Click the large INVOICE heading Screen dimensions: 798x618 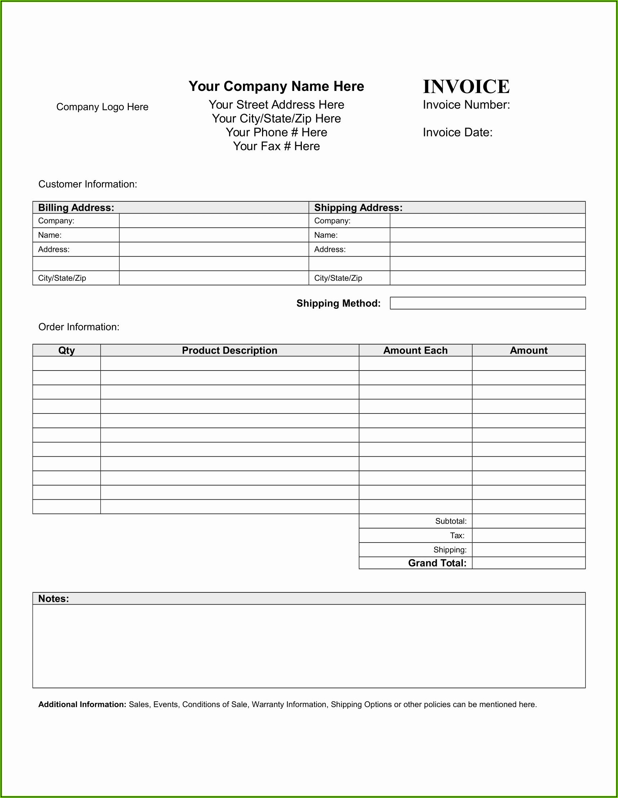(x=466, y=87)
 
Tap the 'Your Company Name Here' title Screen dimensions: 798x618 (x=276, y=86)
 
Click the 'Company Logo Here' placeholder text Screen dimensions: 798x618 (x=102, y=107)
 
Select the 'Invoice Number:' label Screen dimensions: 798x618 (x=466, y=105)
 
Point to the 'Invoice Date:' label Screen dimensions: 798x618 (x=457, y=132)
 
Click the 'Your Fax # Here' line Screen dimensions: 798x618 (x=276, y=146)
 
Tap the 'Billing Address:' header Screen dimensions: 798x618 (x=76, y=207)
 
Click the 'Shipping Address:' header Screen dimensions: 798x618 (x=358, y=207)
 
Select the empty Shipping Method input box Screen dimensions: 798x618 (x=487, y=303)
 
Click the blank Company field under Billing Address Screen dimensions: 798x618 (x=214, y=221)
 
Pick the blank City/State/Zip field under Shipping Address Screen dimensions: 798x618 (x=487, y=278)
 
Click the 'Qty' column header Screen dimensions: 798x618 (x=66, y=350)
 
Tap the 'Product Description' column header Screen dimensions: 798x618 (x=230, y=350)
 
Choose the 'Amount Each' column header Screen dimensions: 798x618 (x=415, y=350)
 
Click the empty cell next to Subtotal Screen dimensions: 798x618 (x=528, y=521)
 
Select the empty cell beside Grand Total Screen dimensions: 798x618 (x=528, y=563)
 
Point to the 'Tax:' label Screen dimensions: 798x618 (x=457, y=536)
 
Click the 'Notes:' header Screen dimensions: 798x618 (x=53, y=598)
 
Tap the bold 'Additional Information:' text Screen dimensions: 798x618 (x=82, y=705)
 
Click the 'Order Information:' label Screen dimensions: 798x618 (x=79, y=326)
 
